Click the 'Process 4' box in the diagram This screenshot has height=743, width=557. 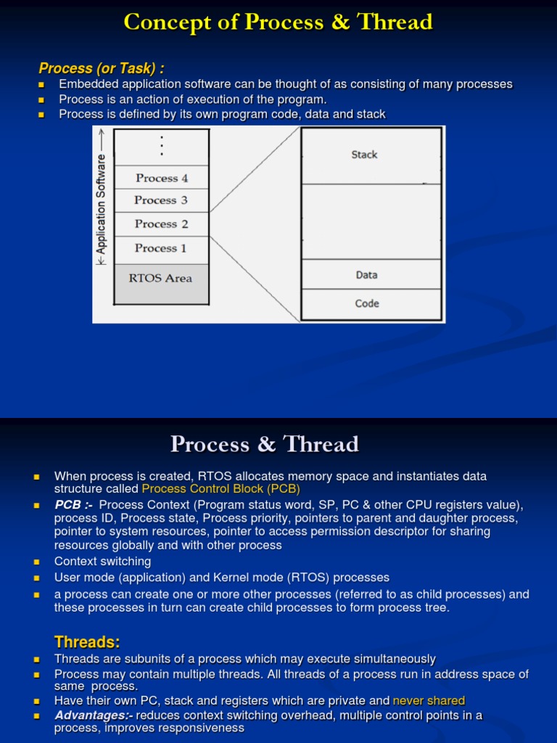161,178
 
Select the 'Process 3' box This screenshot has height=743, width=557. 161,200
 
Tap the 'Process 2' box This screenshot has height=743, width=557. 161,224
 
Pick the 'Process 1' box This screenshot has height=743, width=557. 161,248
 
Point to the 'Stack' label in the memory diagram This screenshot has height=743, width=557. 364,155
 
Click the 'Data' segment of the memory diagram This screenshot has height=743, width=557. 367,275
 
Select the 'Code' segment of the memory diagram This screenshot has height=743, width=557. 367,303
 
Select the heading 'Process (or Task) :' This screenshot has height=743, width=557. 102,68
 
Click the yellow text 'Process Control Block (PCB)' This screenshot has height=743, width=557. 220,489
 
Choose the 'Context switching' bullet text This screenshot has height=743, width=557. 103,562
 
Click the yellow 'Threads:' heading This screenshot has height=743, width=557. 87,642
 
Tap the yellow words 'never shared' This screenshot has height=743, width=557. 429,701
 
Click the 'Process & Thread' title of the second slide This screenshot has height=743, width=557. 265,444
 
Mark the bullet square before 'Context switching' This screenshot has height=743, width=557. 36,562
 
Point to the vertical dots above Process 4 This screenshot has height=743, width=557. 162,146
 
